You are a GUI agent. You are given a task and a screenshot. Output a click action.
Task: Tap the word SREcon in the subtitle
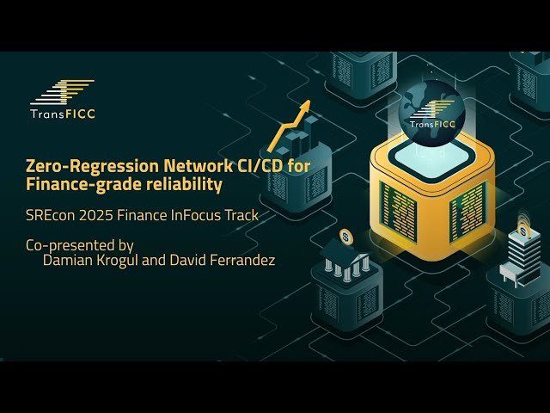click(x=50, y=214)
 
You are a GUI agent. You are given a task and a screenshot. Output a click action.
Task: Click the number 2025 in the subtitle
click(x=101, y=214)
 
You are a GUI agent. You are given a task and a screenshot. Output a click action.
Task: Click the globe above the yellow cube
click(x=433, y=107)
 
